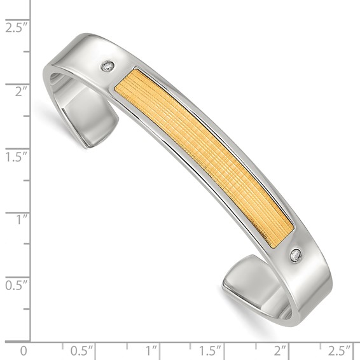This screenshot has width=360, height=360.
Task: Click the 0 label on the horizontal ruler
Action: click(x=24, y=350)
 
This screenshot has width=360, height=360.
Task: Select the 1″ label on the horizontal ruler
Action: click(x=151, y=350)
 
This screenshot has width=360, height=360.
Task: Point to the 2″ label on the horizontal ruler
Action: click(x=280, y=350)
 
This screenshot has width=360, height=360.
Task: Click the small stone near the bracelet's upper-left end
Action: click(x=109, y=66)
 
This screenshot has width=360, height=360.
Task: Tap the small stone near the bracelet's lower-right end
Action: click(x=296, y=256)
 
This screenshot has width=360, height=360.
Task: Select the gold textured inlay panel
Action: click(x=204, y=153)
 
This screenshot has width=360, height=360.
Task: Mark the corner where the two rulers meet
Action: click(x=32, y=342)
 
